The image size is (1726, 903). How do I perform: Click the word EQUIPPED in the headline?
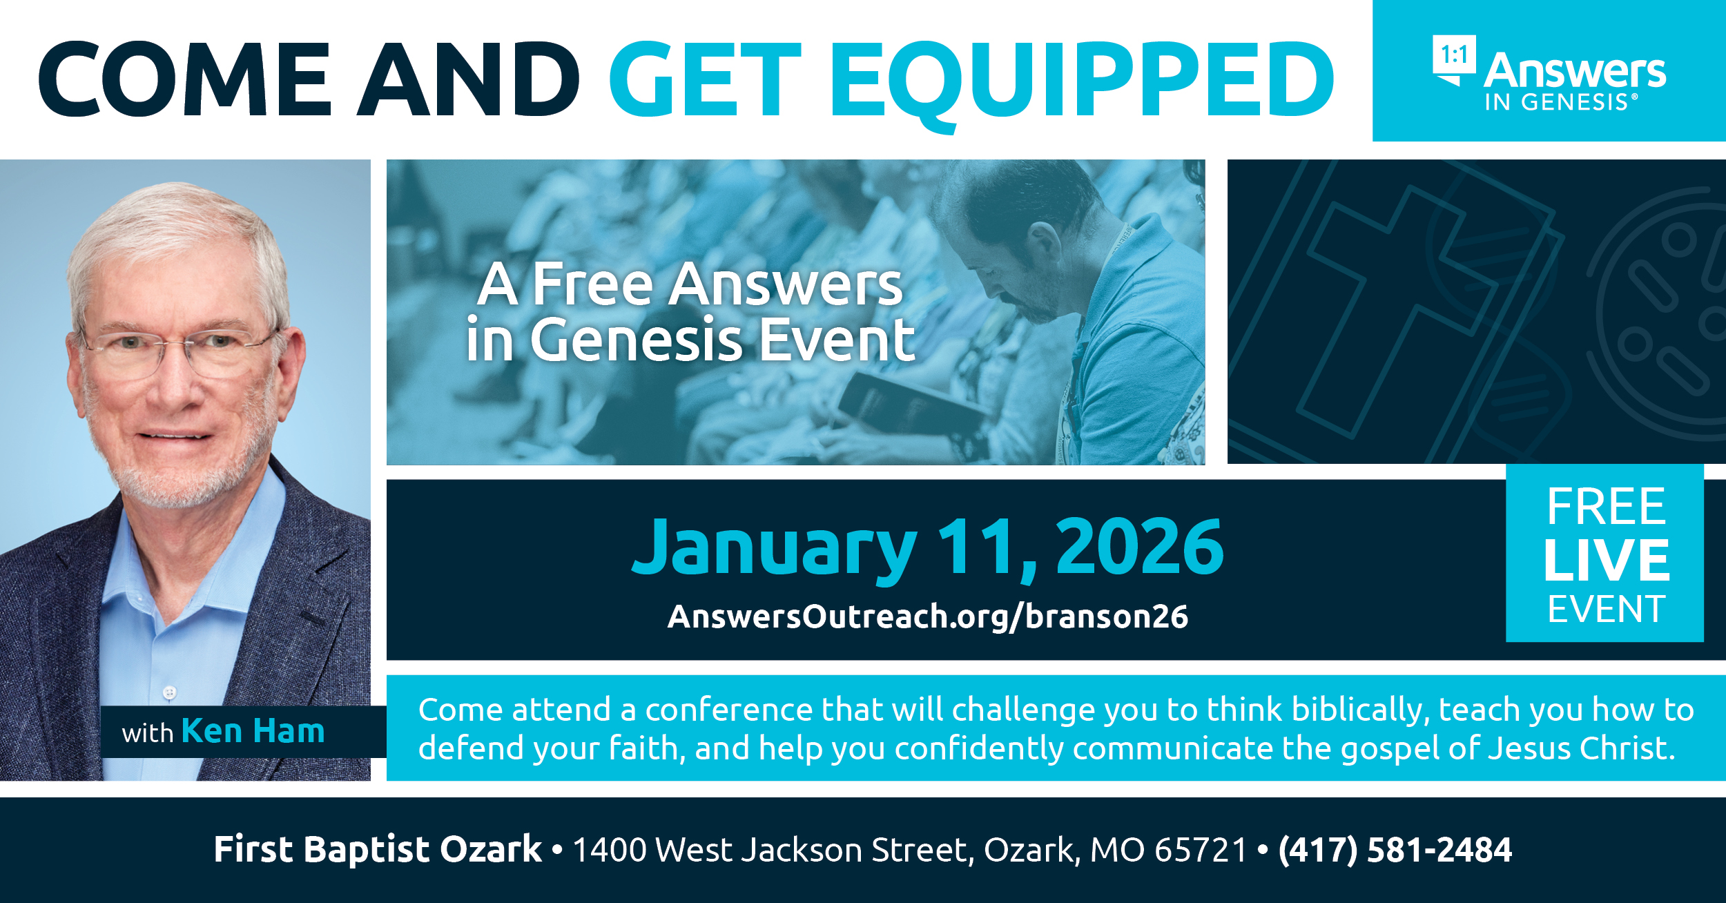pos(1083,81)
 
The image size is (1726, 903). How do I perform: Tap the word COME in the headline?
pos(185,79)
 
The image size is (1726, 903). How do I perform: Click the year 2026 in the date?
pos(1140,547)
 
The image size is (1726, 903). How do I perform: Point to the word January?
pos(774,550)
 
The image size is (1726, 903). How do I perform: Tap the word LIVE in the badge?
pos(1606,560)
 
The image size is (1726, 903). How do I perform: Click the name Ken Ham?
pos(253,731)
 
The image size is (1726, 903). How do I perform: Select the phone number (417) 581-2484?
pos(1395,850)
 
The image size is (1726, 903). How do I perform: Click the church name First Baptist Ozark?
pos(378,849)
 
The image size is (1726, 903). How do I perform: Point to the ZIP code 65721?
pos(1201,850)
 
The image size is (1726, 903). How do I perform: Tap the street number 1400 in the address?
pos(610,850)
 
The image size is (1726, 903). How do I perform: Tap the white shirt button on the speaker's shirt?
pos(169,692)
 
